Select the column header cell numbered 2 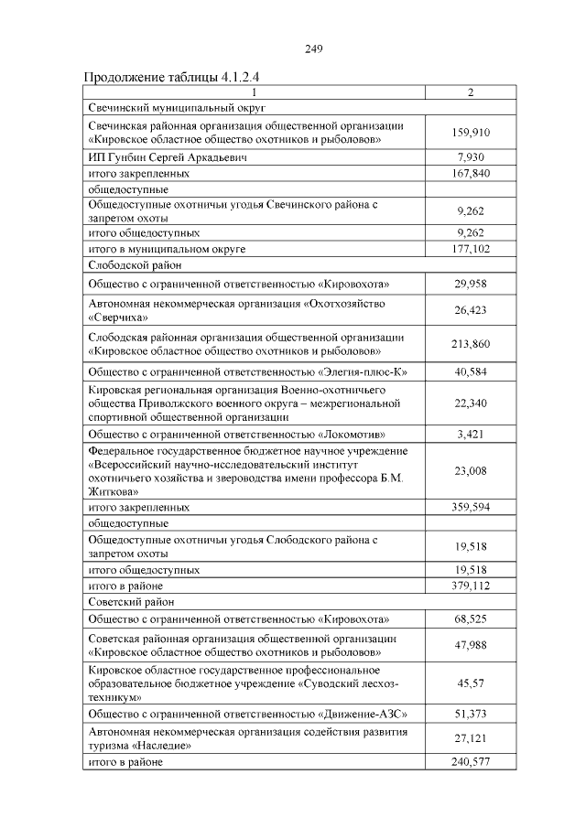pyautogui.click(x=471, y=92)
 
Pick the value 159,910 pyautogui.click(x=471, y=133)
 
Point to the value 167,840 pyautogui.click(x=471, y=172)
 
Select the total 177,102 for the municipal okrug pyautogui.click(x=471, y=248)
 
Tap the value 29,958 pyautogui.click(x=471, y=285)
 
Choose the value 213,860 pyautogui.click(x=471, y=343)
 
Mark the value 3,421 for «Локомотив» pyautogui.click(x=471, y=434)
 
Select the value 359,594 pyautogui.click(x=471, y=506)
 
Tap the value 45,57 pyautogui.click(x=471, y=683)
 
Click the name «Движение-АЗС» pyautogui.click(x=361, y=713)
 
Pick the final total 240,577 pyautogui.click(x=471, y=762)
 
